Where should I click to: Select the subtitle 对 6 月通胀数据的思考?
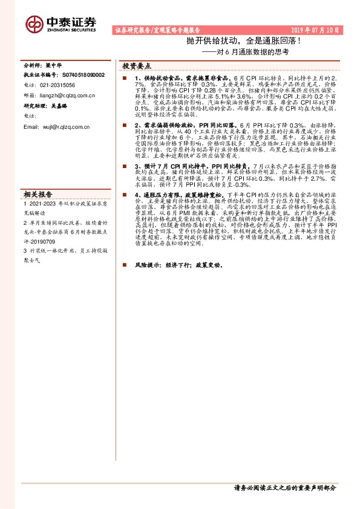pos(249,53)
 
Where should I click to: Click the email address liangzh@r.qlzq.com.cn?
pos(67,95)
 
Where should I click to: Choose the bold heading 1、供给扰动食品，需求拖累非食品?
pos(178,79)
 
